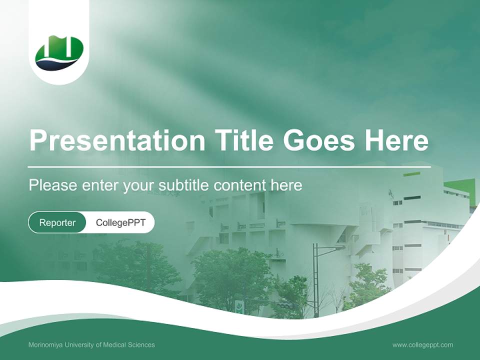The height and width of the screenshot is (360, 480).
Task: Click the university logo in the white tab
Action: tap(59, 52)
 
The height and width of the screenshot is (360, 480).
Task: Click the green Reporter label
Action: tap(57, 222)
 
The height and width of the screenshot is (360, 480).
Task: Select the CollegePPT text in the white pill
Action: tap(120, 222)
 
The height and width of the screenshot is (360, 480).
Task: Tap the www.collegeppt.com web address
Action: tap(422, 345)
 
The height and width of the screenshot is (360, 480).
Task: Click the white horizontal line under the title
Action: tap(229, 166)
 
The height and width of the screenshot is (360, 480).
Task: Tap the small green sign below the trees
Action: tap(240, 306)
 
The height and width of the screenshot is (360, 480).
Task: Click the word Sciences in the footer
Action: tap(142, 345)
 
